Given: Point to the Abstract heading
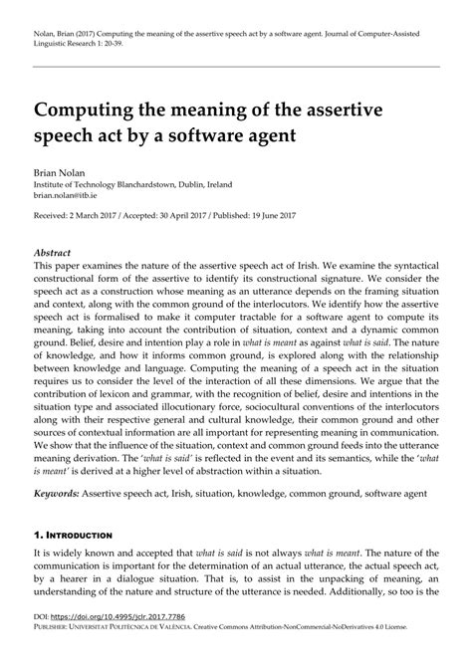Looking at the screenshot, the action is pos(56,254).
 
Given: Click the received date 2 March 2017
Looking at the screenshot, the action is pos(104,215).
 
